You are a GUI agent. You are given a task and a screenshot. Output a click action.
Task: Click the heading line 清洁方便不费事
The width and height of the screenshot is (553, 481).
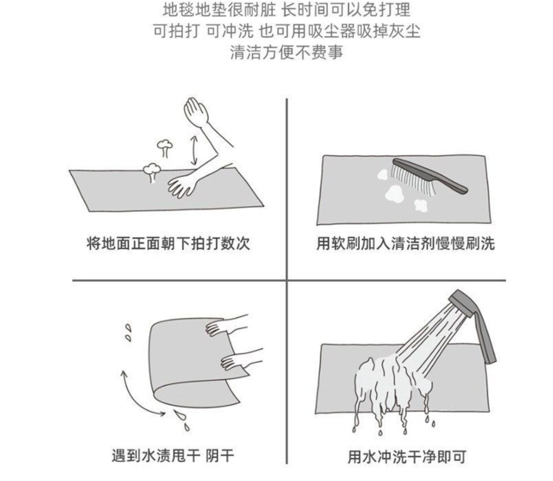(286, 52)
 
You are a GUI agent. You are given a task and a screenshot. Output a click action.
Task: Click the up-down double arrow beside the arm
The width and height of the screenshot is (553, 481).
(194, 150)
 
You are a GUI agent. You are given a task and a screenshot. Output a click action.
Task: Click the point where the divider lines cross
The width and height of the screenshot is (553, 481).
(286, 280)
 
